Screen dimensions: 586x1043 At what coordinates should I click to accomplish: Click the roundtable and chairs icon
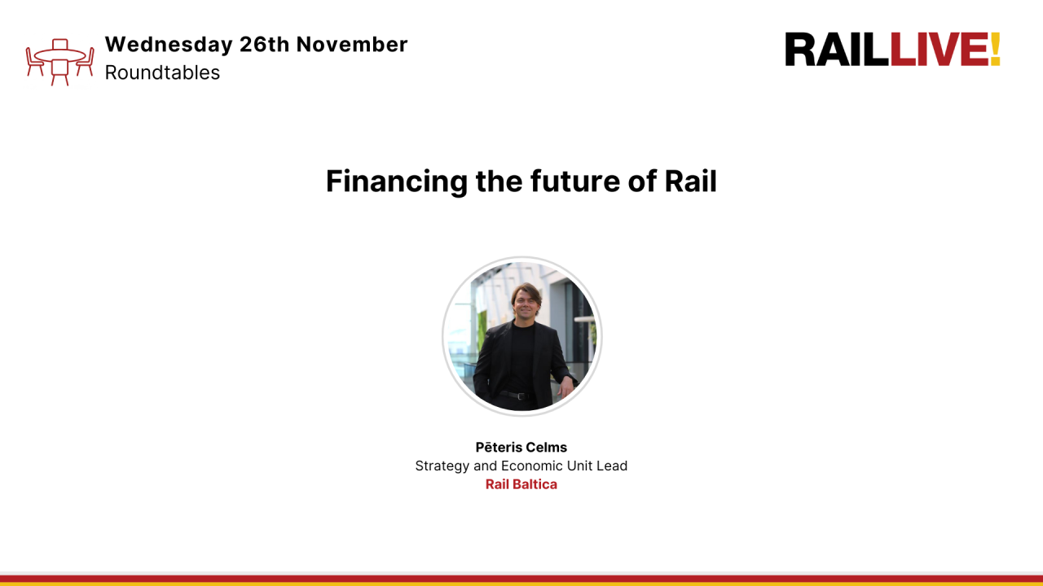pyautogui.click(x=59, y=62)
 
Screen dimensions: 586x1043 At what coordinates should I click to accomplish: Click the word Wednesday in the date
pyautogui.click(x=169, y=45)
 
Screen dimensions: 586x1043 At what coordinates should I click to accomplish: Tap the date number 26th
pyautogui.click(x=264, y=45)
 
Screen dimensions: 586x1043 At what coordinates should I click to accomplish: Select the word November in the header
pyautogui.click(x=352, y=45)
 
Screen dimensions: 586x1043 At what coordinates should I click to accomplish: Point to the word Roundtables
pyautogui.click(x=162, y=72)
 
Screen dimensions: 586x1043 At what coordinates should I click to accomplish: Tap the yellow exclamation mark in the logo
pyautogui.click(x=994, y=50)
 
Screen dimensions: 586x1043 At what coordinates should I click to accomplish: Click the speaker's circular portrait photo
pyautogui.click(x=521, y=335)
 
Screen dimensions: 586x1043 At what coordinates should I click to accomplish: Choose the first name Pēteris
pyautogui.click(x=499, y=448)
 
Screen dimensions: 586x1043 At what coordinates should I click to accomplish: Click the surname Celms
pyautogui.click(x=546, y=448)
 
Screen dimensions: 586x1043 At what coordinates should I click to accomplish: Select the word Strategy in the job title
pyautogui.click(x=442, y=466)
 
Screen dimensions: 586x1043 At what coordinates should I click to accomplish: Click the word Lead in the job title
pyautogui.click(x=612, y=466)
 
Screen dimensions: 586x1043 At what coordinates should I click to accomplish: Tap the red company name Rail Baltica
pyautogui.click(x=521, y=484)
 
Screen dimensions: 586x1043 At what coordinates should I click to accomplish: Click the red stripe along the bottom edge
pyautogui.click(x=521, y=579)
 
